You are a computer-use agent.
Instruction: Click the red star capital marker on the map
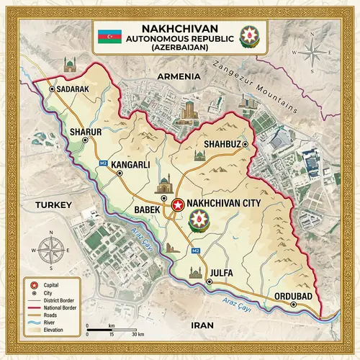177,204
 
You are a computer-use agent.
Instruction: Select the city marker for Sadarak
52,89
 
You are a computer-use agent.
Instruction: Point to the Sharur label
86,132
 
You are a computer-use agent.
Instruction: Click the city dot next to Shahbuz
245,145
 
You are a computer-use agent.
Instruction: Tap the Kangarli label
131,164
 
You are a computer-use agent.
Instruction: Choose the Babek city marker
165,197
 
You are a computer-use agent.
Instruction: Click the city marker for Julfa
209,282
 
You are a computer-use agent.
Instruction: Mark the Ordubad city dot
294,304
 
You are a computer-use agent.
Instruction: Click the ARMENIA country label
180,76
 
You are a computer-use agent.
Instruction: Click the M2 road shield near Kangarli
103,163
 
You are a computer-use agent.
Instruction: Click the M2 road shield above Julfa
195,249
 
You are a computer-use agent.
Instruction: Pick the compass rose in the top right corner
312,55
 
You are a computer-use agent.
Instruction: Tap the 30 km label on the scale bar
139,335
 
